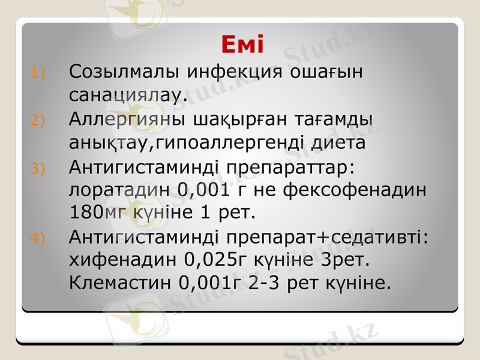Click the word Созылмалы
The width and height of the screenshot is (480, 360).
point(124,71)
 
